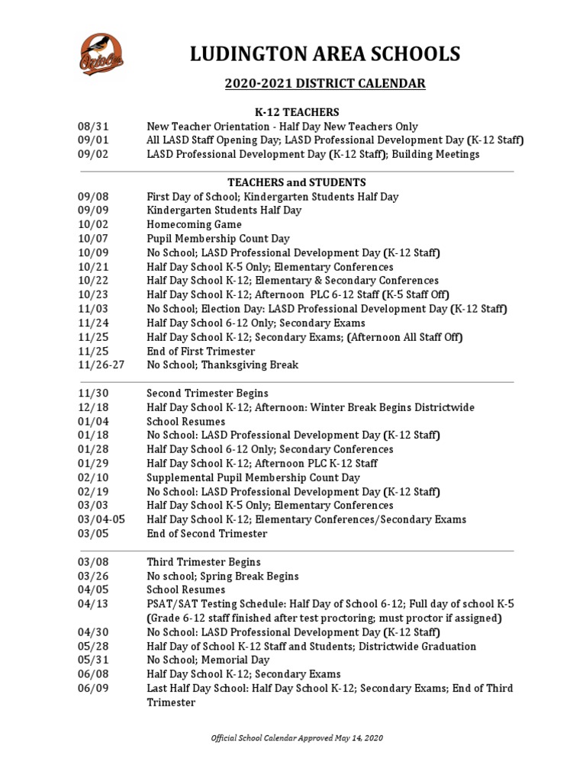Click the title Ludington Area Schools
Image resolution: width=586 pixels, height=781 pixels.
tap(325, 53)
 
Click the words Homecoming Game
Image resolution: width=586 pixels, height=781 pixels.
tap(194, 225)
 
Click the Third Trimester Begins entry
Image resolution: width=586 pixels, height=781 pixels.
tap(204, 562)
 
